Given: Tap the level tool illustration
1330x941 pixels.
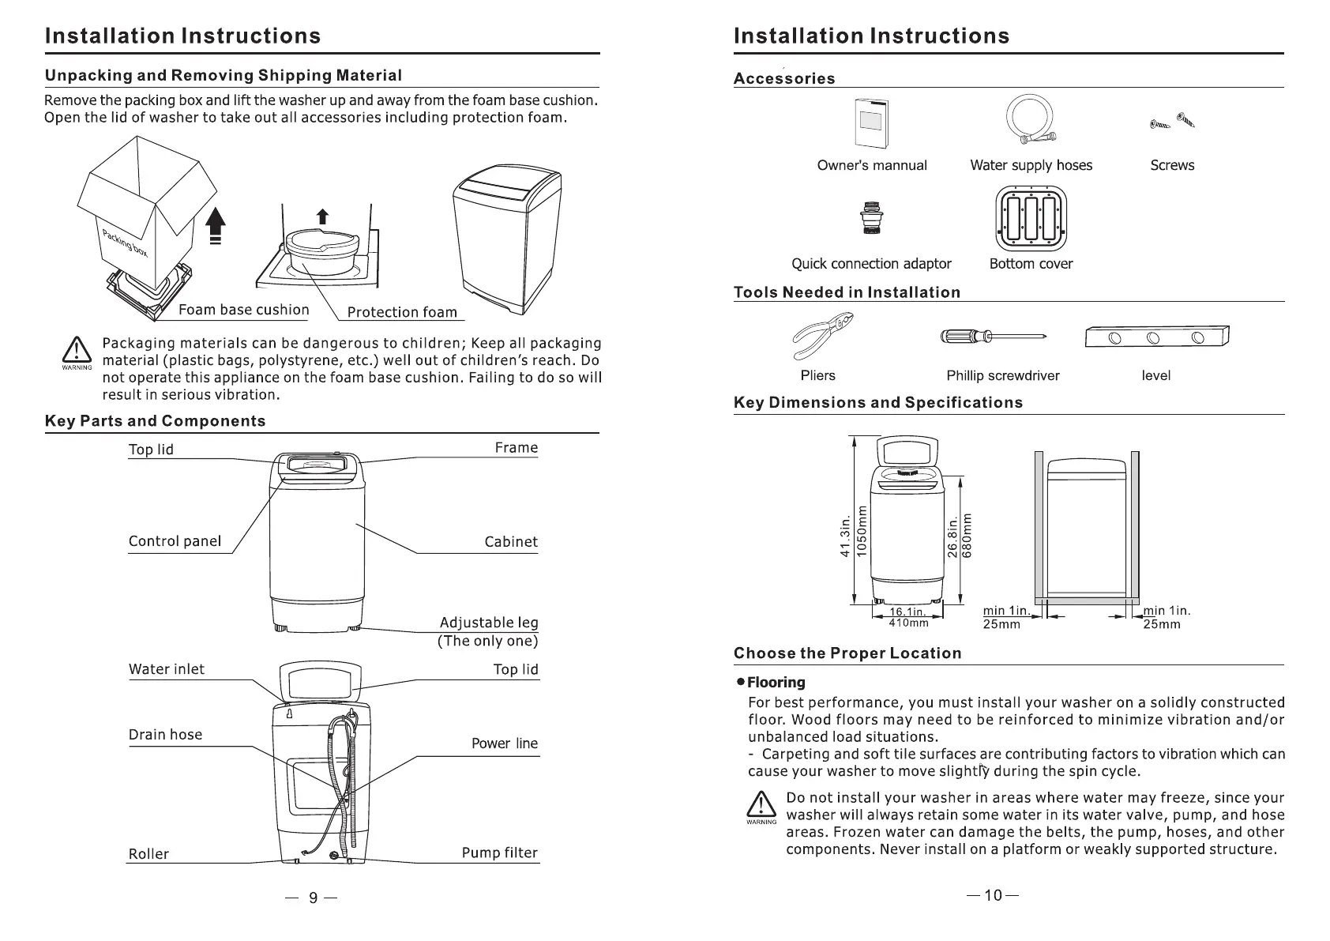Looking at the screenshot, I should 1157,337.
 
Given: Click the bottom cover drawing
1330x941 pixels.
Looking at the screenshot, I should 1031,219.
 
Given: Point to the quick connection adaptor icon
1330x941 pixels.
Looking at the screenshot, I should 871,219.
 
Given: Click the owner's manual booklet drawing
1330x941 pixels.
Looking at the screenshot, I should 872,123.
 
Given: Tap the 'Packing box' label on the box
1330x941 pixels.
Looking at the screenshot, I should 124,241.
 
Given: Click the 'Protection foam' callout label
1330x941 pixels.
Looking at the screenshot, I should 402,312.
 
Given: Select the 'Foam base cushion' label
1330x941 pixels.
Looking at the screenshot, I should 243,310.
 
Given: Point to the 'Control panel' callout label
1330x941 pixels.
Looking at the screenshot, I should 175,541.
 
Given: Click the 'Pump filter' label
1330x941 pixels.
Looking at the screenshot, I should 499,853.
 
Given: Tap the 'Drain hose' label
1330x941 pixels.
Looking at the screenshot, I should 165,735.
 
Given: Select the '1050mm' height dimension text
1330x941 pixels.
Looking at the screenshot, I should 862,530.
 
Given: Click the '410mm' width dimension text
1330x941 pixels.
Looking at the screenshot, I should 908,623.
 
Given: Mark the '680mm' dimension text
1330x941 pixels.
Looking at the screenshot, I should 968,536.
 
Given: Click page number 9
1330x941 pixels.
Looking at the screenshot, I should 313,898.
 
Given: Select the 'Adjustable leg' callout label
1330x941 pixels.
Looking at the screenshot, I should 488,623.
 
